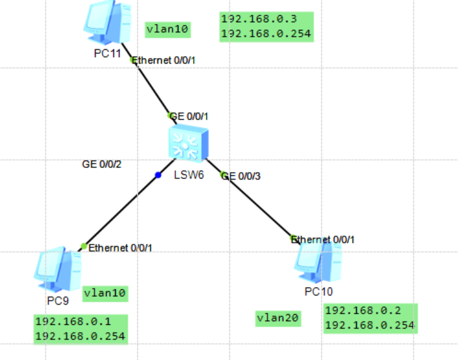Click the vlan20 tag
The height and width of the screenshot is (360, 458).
tap(278, 318)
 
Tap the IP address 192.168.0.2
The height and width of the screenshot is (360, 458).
tap(362, 310)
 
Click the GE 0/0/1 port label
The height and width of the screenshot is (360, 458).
tap(193, 115)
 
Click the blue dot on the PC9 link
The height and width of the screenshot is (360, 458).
tap(158, 175)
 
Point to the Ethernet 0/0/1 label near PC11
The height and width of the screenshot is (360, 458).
tap(166, 60)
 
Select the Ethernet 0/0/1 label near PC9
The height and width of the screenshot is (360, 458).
tap(120, 248)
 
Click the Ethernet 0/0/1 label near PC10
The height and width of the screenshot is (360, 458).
tap(324, 239)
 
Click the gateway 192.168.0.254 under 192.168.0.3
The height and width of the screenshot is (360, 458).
tap(266, 34)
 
